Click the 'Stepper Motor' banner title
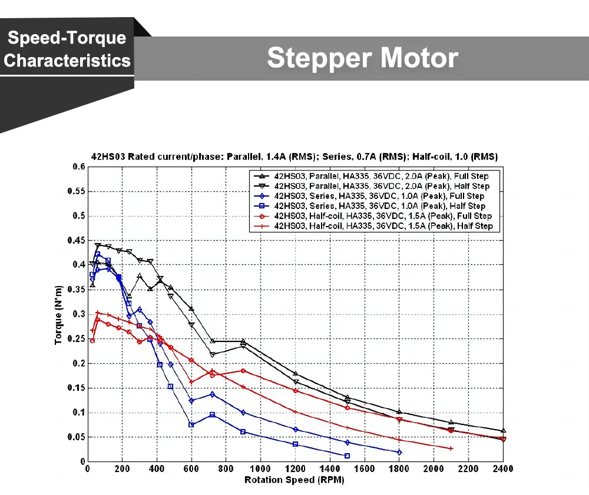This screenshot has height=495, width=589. click(x=362, y=58)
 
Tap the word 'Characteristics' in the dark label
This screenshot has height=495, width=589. click(x=67, y=61)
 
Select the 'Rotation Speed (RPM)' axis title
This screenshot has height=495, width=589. click(x=294, y=480)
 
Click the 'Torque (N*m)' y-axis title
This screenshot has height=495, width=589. click(x=59, y=314)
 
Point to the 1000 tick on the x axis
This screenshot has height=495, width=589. click(x=260, y=469)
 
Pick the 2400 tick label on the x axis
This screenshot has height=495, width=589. click(x=502, y=469)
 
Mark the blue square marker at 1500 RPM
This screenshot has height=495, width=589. click(x=347, y=456)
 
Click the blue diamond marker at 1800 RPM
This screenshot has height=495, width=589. click(x=399, y=452)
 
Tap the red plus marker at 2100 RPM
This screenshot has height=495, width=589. click(x=451, y=449)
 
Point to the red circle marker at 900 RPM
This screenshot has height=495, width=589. click(x=243, y=370)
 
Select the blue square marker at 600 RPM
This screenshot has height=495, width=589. click(x=191, y=424)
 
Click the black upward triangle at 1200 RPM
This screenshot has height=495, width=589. click(x=295, y=374)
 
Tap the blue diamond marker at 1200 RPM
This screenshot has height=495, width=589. click(x=295, y=429)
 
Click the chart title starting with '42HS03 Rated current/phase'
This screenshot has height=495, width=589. click(x=294, y=157)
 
